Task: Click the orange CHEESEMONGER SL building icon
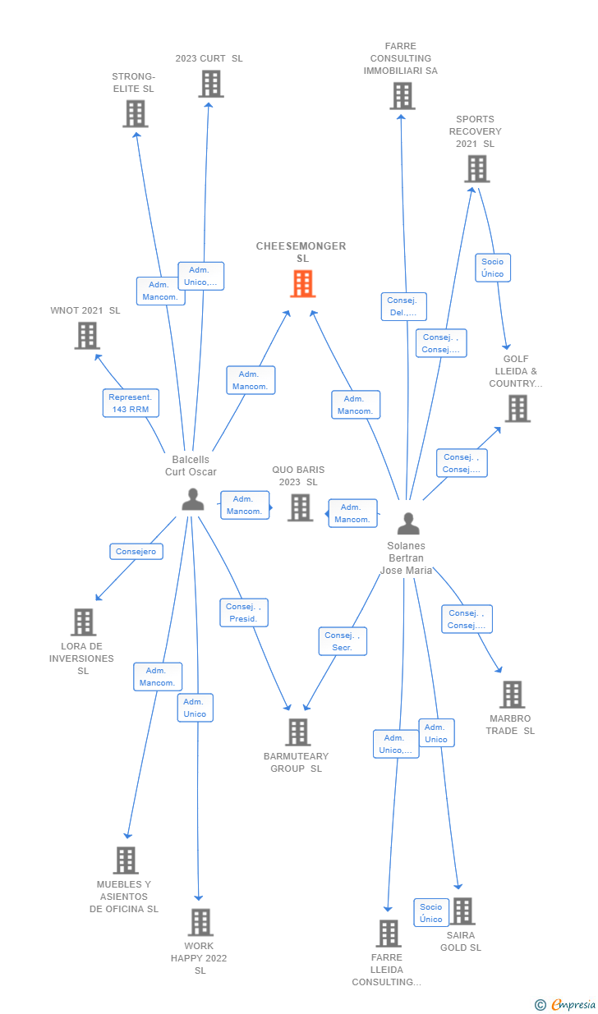[x=302, y=284]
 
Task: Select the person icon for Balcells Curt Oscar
[x=193, y=499]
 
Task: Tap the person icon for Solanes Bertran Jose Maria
[x=408, y=523]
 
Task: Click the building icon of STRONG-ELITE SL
[x=136, y=113]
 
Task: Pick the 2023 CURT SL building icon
[x=211, y=84]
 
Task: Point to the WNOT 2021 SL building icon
[x=87, y=335]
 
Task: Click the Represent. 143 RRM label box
[x=131, y=403]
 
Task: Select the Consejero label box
[x=136, y=552]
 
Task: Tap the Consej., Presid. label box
[x=243, y=613]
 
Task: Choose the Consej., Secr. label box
[x=343, y=641]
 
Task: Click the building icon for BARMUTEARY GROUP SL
[x=297, y=732]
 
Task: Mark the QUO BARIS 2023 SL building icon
[x=301, y=507]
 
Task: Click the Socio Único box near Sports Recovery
[x=493, y=268]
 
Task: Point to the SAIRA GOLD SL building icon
[x=462, y=911]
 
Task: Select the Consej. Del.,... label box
[x=403, y=306]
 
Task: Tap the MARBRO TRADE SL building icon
[x=512, y=695]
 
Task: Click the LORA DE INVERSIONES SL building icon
[x=83, y=622]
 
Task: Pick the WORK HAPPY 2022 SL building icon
[x=200, y=922]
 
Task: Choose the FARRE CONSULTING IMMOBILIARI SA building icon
[x=402, y=96]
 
